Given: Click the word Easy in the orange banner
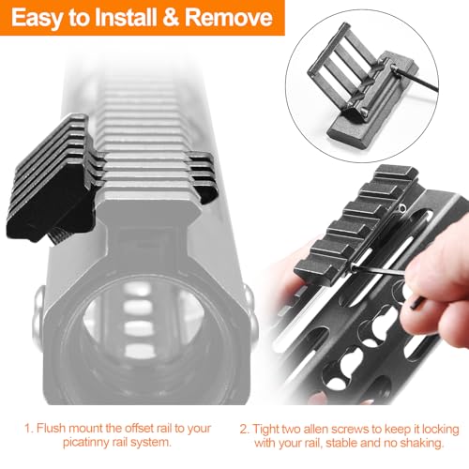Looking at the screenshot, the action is tap(38, 18).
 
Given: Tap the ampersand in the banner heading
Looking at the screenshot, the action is tap(171, 18).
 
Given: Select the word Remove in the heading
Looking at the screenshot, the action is tap(229, 18).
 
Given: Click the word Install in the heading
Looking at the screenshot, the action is tap(126, 18).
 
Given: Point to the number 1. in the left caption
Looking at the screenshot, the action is tap(29, 428).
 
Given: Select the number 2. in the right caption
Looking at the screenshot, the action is tap(245, 429).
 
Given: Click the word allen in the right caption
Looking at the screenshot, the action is tap(313, 429).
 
